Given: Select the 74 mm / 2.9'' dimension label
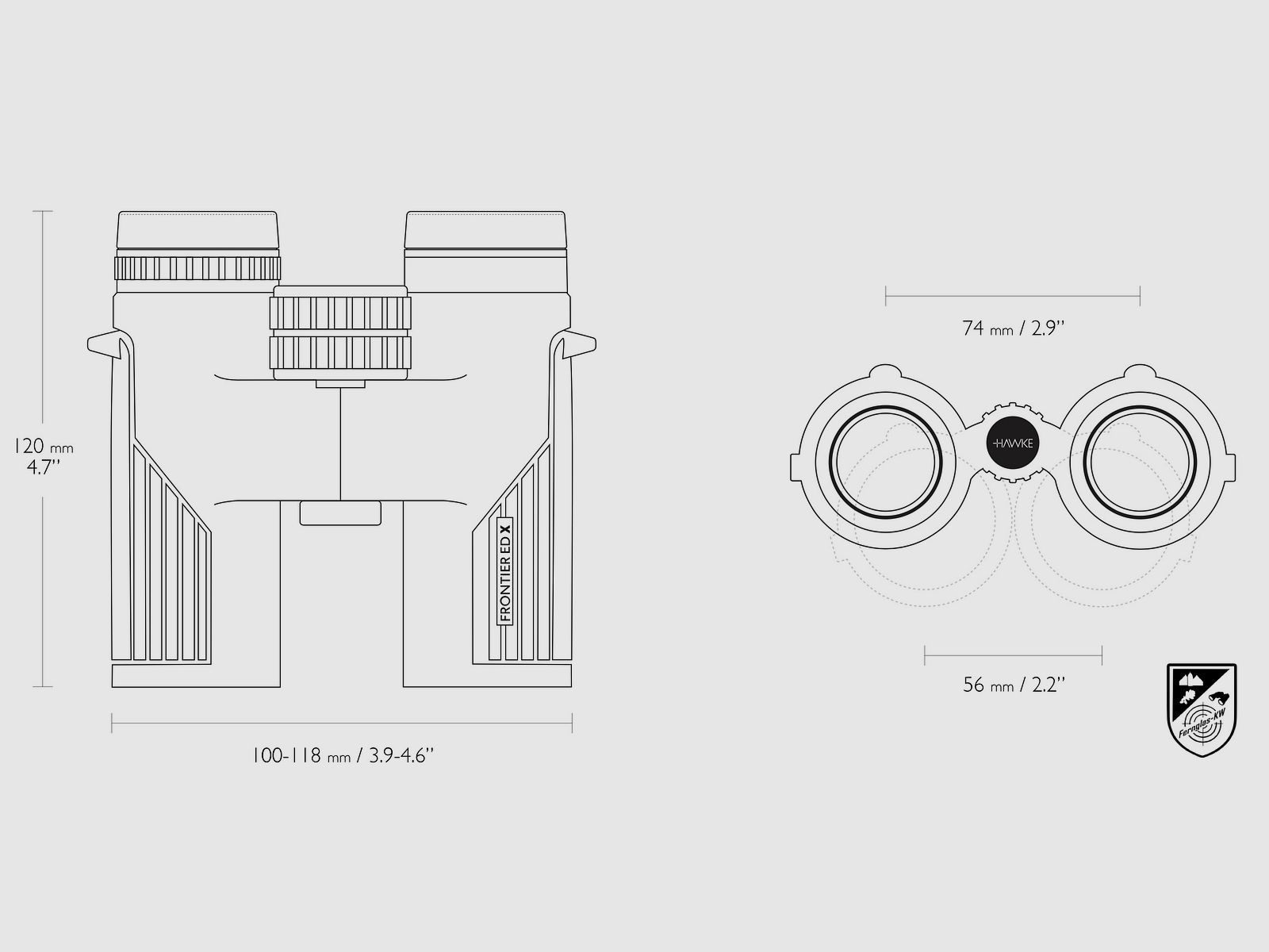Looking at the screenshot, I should [1013, 328].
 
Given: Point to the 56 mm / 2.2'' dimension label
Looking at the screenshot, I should [1013, 684].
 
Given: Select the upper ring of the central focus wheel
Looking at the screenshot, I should [340, 313].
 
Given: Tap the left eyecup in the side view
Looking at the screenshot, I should [197, 232].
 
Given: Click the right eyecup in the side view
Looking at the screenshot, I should [485, 232].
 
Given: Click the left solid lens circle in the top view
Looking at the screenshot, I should [886, 460].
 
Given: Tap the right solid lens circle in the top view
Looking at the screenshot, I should [1140, 460].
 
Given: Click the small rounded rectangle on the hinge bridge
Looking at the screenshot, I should [340, 512].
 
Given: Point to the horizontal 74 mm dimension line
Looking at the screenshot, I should [1013, 297].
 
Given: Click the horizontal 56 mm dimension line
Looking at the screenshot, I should [1013, 655].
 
